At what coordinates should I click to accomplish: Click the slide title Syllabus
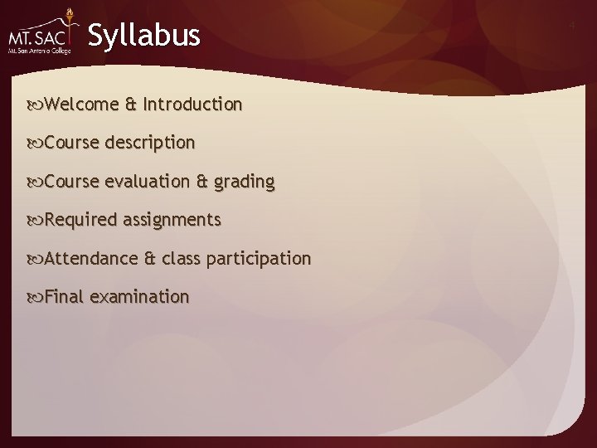(x=143, y=36)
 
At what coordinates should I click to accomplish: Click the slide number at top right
(x=571, y=27)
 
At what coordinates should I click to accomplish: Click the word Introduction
(x=192, y=105)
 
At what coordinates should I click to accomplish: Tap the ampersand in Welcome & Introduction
(x=131, y=105)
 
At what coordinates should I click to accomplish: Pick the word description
(x=150, y=143)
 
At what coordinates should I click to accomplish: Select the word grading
(x=244, y=182)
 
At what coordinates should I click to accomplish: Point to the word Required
(x=80, y=220)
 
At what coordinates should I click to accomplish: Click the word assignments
(x=172, y=220)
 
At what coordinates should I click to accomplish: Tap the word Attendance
(x=91, y=258)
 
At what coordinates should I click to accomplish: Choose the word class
(x=181, y=258)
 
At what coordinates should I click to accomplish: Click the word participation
(x=259, y=259)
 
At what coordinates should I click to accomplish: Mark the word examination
(x=139, y=296)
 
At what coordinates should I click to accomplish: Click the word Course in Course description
(x=72, y=143)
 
